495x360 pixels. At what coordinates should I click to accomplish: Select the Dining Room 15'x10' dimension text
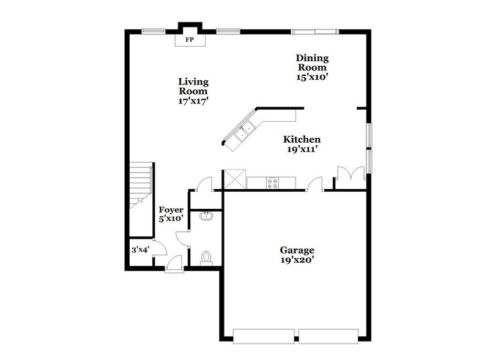point(313,78)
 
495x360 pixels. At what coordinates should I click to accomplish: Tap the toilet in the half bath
point(207,257)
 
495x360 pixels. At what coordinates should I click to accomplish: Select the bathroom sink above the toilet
point(207,216)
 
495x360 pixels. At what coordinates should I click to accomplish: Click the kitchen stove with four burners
point(272,182)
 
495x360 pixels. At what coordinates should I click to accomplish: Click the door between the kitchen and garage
point(316,183)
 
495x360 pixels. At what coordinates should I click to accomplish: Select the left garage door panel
point(265,336)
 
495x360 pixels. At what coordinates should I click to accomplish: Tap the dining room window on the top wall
point(313,31)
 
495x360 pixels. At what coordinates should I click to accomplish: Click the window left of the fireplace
point(152,31)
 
